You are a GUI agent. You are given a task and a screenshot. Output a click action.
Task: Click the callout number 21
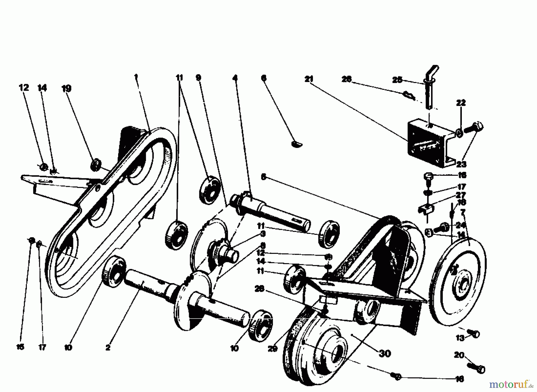tap(309, 79)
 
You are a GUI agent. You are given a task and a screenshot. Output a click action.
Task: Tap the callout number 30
tap(385, 354)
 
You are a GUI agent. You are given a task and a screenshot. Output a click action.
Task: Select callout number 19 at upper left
tap(66, 89)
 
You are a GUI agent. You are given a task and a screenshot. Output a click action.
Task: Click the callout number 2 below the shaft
tap(108, 348)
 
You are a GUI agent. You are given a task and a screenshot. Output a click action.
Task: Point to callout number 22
tap(461, 103)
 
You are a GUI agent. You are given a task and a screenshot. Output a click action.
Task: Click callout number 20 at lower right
tap(459, 355)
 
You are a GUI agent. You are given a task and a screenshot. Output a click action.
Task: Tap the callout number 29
tap(272, 349)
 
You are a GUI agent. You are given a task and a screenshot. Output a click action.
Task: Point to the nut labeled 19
tap(95, 164)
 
